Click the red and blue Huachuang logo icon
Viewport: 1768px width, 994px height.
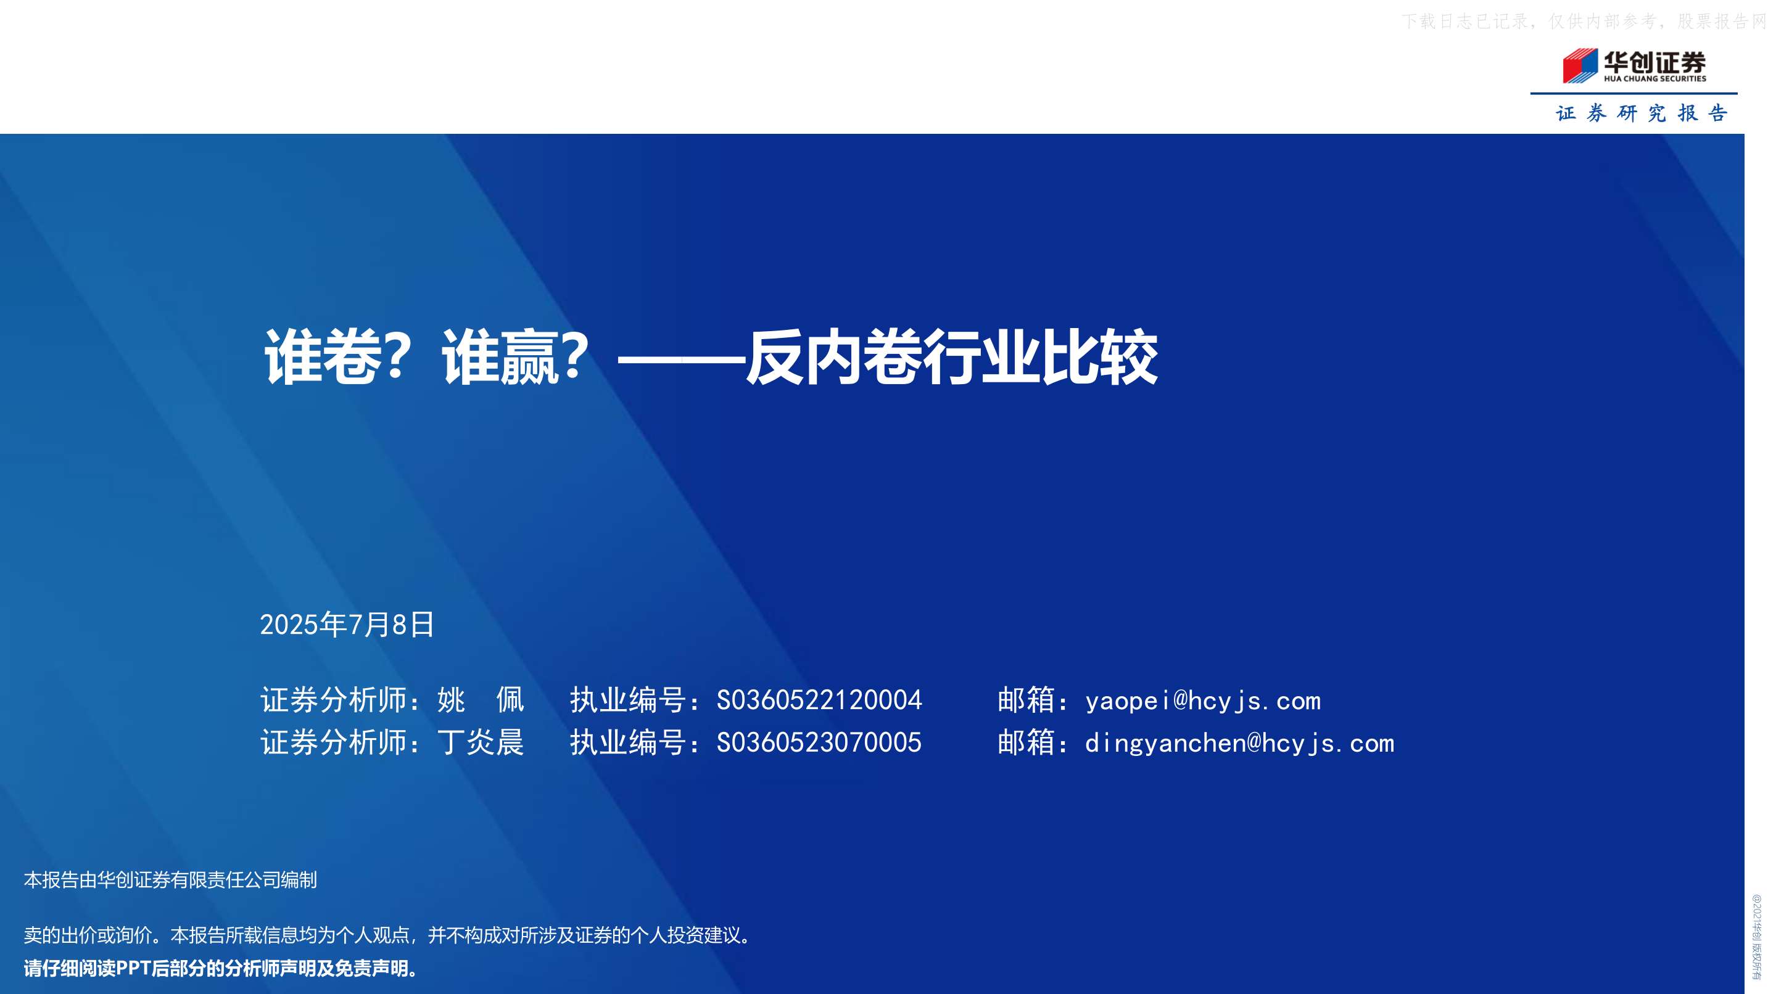1579,66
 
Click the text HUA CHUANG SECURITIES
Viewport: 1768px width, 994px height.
1654,79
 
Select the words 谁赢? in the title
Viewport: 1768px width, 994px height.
514,356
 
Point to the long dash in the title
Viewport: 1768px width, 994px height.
681,358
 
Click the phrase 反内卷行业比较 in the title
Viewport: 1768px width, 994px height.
952,356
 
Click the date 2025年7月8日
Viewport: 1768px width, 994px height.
347,624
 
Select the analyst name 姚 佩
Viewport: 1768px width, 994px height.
481,700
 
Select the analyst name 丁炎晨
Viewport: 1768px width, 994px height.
481,742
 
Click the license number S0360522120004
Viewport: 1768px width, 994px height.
819,700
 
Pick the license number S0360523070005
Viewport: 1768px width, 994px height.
819,742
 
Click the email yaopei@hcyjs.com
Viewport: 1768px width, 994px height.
1202,701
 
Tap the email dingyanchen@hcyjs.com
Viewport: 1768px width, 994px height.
1239,744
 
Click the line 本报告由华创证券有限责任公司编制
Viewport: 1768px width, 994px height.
170,880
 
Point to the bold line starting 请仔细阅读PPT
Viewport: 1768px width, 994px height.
221,969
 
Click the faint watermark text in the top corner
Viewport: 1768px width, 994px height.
1584,21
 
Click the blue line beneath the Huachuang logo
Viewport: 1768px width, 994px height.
1634,93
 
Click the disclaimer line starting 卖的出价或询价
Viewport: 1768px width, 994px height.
388,935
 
